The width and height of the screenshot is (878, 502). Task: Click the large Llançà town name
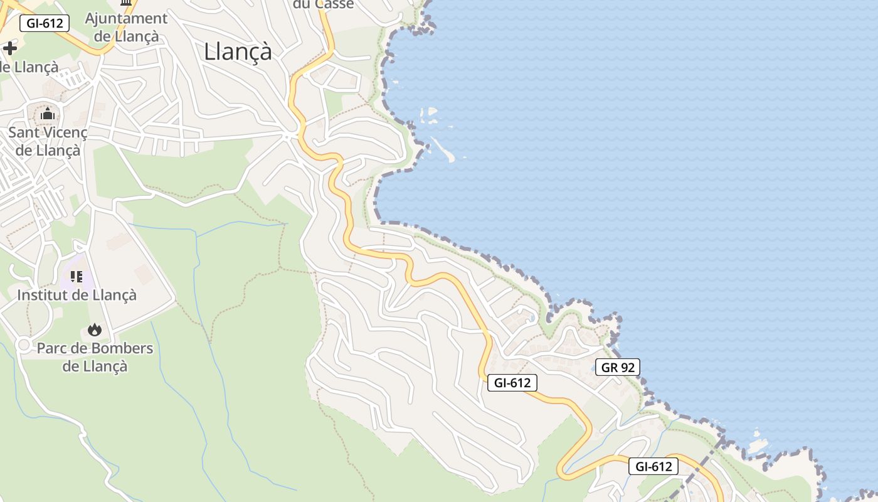(238, 51)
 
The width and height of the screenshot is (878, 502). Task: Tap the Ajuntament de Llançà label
(126, 27)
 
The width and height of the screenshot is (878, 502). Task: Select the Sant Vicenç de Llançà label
(48, 141)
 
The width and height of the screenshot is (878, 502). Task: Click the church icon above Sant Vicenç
(48, 114)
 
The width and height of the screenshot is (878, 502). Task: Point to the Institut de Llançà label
(77, 294)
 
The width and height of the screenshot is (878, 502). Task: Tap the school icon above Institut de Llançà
(77, 276)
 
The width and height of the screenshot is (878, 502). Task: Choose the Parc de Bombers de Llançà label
(95, 356)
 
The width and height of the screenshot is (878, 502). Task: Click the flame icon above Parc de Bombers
(95, 330)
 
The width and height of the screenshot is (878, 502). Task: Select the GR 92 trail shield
(618, 368)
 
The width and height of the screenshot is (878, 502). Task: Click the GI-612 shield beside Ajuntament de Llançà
(45, 24)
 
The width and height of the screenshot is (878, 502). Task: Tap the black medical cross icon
(10, 48)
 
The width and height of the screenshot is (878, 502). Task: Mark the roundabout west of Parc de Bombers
(24, 344)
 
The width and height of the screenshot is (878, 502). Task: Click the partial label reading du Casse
(324, 4)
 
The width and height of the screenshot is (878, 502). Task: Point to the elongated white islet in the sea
(442, 149)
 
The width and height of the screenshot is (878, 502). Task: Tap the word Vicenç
(63, 132)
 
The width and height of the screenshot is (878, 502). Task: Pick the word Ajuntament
(126, 18)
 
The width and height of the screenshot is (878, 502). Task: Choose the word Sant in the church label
(23, 132)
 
